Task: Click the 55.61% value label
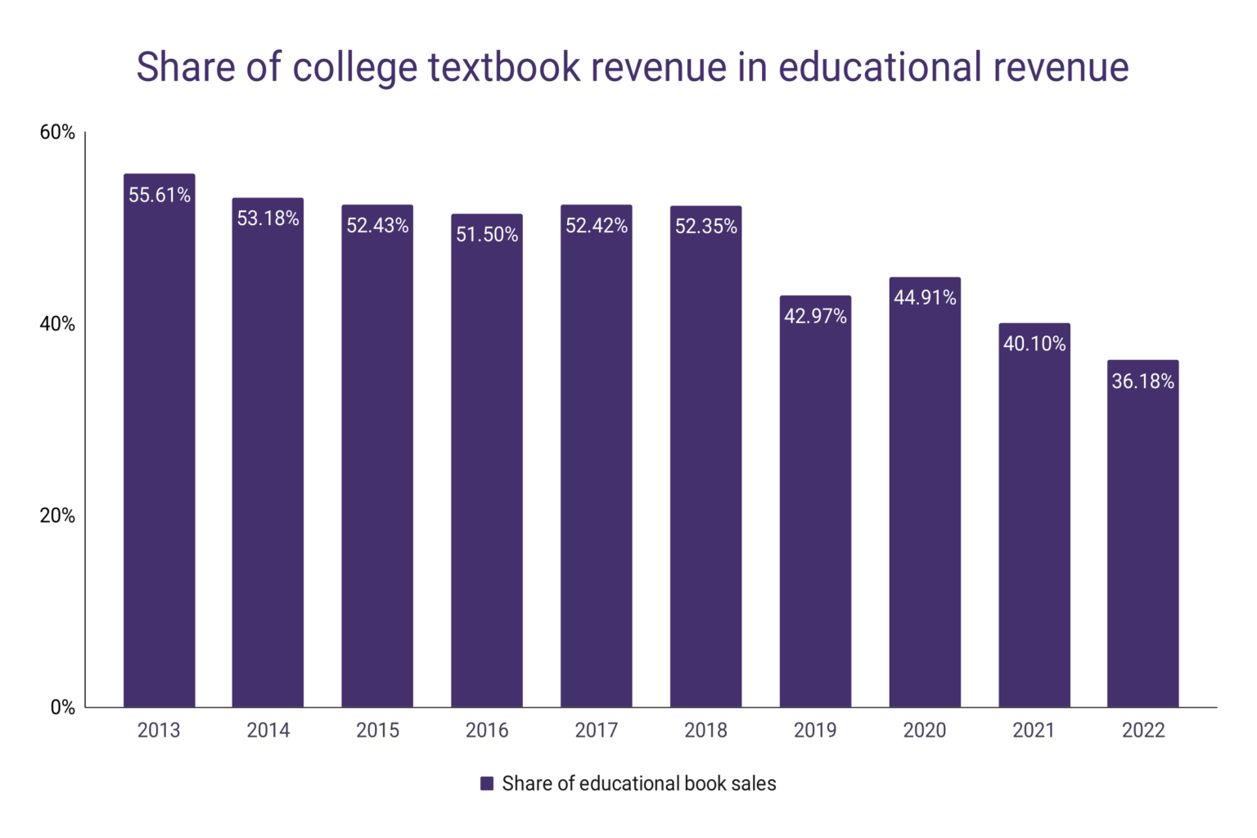coord(160,195)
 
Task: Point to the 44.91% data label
coord(925,297)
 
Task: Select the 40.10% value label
coord(1034,344)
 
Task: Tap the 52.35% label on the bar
coord(705,227)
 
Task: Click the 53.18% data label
coord(268,219)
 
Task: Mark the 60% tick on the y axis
coord(57,133)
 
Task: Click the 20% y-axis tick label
coord(57,516)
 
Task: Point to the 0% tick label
coord(62,707)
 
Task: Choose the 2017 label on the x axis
coord(596,730)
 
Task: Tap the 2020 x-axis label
coord(924,730)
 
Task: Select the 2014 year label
coord(268,730)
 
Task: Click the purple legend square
coord(487,783)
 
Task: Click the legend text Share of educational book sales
coord(638,783)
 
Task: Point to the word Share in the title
coord(185,67)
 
